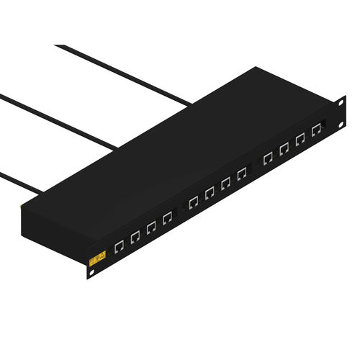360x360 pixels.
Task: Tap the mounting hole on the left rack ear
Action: pos(92,274)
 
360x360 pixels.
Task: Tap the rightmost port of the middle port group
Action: pos(241,174)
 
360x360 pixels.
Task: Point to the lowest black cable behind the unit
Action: pos(18,181)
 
